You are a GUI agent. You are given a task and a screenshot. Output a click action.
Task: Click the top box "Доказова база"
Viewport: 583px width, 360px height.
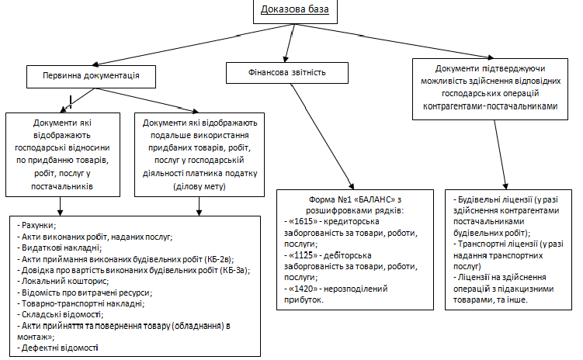coord(295,12)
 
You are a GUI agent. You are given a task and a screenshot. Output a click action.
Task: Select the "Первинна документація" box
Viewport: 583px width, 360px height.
coord(91,77)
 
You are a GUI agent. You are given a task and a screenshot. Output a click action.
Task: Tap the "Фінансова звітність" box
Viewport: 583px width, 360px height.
coord(287,72)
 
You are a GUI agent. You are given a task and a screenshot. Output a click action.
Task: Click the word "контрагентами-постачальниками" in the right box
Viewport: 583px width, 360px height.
coord(490,106)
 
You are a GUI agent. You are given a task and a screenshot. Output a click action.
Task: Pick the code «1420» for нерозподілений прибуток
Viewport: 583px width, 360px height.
coord(303,289)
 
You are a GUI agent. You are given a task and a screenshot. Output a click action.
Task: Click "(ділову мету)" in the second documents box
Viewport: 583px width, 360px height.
coord(200,186)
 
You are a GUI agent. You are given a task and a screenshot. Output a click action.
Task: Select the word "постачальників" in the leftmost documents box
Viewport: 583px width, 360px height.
coord(62,186)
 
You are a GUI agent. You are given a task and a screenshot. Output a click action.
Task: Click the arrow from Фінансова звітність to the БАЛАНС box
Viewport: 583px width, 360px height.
coord(322,137)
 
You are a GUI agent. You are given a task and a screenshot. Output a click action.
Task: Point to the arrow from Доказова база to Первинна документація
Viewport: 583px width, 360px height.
coord(193,45)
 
